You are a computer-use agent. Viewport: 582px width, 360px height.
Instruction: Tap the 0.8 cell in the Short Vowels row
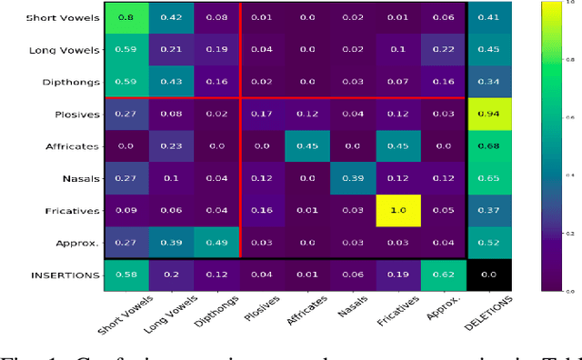pos(125,17)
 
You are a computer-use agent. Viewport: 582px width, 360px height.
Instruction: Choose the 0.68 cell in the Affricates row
pos(488,146)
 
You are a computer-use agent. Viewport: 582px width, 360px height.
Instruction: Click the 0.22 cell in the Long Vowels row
pos(443,50)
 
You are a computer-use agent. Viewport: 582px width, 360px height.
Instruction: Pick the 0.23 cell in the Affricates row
pos(171,146)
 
